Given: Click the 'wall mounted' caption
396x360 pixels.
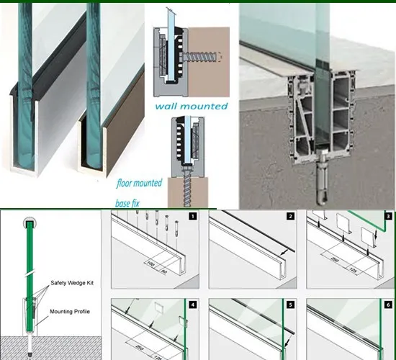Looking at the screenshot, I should coord(191,107).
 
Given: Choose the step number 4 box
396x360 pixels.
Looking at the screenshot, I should coord(193,305).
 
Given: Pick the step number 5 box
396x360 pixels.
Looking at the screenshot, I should coord(290,305).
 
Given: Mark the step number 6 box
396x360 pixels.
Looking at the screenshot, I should coord(388,305).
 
